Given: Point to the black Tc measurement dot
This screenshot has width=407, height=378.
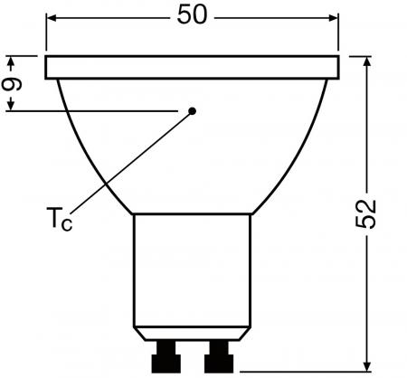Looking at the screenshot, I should [x=192, y=111].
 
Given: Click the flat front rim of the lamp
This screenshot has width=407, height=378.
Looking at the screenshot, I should [x=192, y=66].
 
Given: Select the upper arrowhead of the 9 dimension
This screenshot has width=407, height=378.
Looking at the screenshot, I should [x=12, y=62].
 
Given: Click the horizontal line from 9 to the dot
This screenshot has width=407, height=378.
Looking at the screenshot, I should [x=99, y=111].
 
